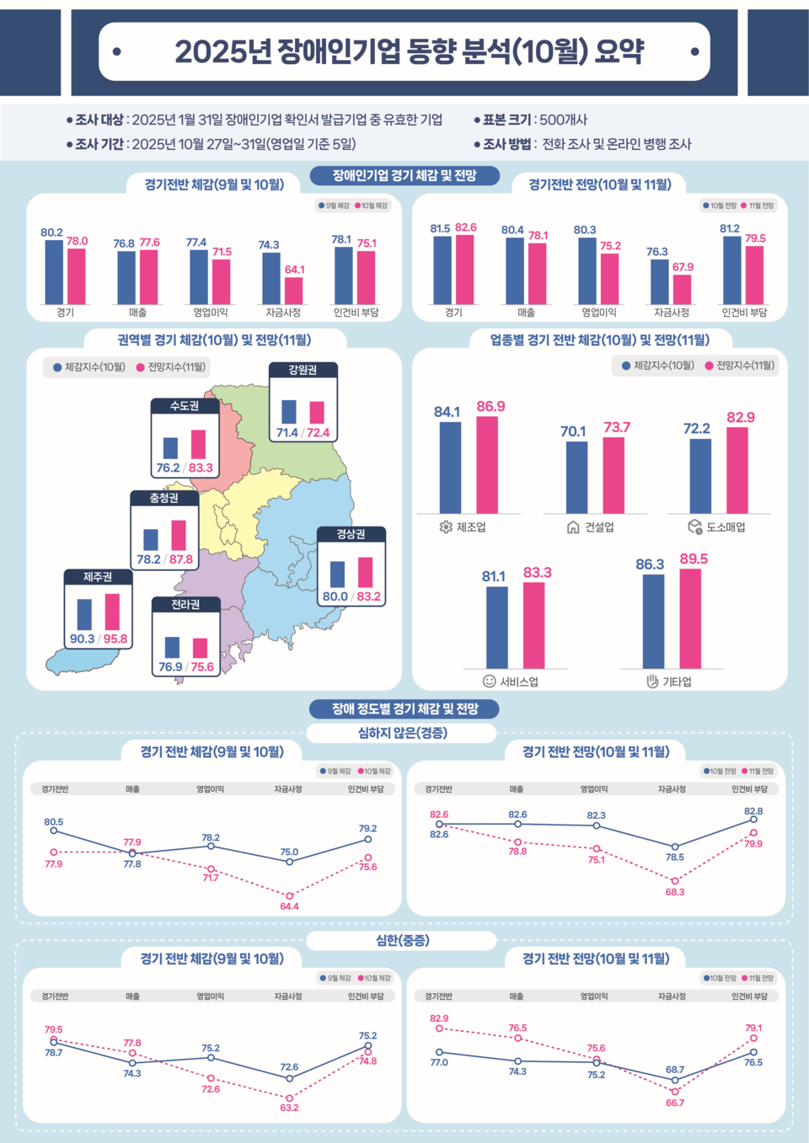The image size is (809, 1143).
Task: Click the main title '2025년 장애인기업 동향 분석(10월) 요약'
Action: point(409,51)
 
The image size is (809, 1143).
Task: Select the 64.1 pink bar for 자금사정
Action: point(293,291)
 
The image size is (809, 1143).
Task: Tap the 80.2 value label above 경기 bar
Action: point(51,232)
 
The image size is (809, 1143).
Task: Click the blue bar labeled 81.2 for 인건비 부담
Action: point(731,270)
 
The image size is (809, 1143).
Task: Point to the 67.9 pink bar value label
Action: point(683,267)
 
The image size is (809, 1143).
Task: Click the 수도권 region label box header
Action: point(185,406)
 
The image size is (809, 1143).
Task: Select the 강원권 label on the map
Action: point(303,370)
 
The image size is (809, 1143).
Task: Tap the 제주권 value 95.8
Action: point(115,638)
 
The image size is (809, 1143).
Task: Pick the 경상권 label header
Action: point(351,534)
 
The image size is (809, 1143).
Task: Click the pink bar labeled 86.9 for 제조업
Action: point(487,464)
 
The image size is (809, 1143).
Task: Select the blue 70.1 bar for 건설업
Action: point(576,477)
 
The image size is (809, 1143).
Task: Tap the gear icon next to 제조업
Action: point(446,527)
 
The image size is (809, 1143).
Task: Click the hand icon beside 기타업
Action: point(651,681)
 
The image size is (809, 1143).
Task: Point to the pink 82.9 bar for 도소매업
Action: point(737,470)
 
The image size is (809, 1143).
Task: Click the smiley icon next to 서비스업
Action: point(489,681)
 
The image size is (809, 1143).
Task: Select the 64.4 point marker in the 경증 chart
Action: point(289,896)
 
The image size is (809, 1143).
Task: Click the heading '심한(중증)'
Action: point(403,940)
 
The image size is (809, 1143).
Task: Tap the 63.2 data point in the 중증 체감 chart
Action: point(289,1098)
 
